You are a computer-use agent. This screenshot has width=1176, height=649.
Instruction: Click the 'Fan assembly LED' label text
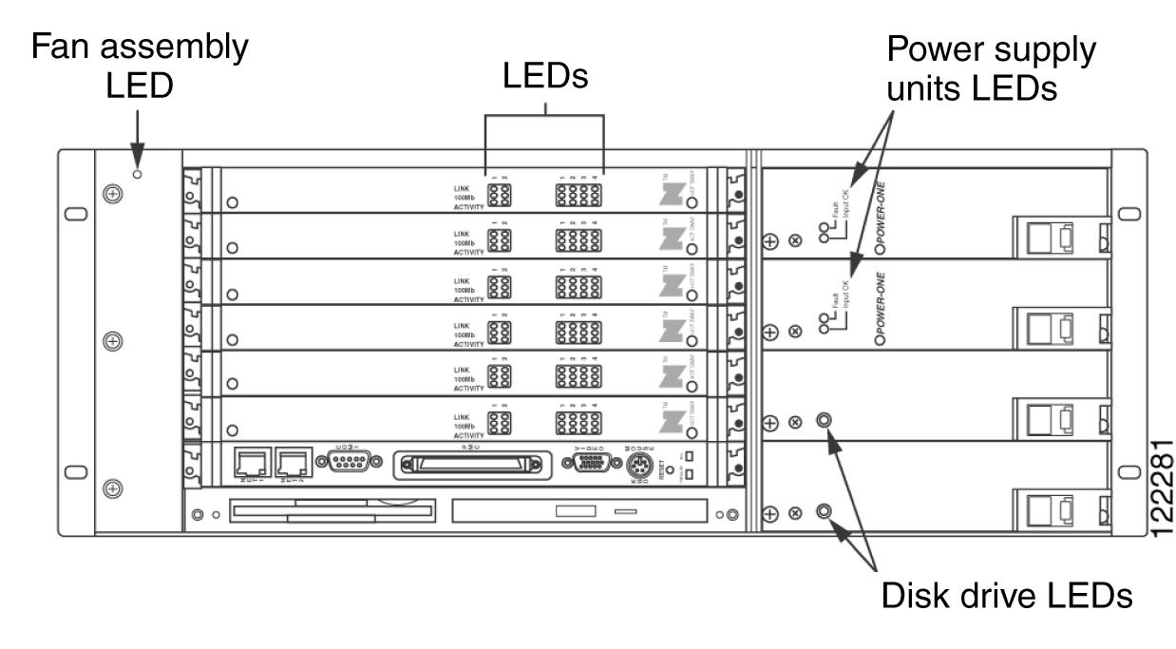point(142,66)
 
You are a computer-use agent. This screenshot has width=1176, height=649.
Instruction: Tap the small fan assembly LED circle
point(138,174)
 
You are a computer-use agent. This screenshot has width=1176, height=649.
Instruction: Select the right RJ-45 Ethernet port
point(291,463)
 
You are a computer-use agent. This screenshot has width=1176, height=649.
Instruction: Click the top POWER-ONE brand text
point(881,215)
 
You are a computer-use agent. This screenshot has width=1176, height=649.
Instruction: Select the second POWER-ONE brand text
point(881,306)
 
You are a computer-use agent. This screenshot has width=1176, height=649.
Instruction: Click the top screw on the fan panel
point(113,193)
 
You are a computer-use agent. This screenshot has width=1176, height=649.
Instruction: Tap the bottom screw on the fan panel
point(113,488)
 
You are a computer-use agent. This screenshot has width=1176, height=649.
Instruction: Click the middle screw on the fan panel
point(113,339)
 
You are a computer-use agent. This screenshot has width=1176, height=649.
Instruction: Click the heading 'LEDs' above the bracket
point(545,79)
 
